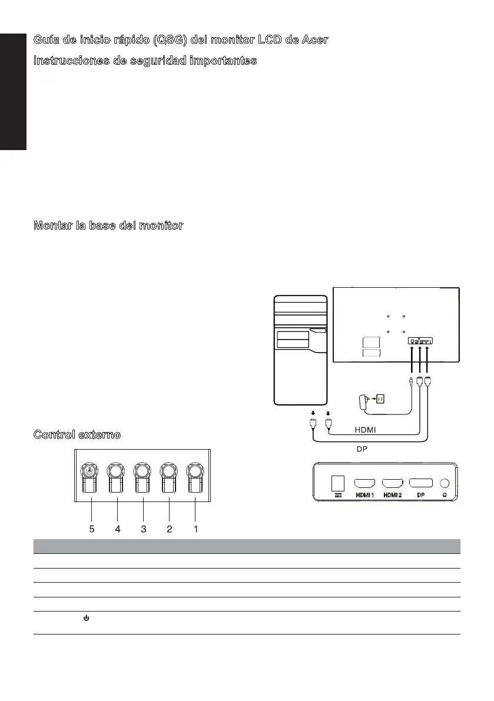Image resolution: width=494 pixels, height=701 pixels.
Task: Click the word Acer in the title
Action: [312, 39]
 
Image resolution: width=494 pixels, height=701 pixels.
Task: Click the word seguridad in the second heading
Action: [155, 61]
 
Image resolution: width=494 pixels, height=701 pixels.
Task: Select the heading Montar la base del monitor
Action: [108, 225]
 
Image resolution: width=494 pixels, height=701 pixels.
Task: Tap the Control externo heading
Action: [77, 434]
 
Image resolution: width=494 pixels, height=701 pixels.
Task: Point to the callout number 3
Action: [144, 529]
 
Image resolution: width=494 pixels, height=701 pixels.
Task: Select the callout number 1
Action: [195, 529]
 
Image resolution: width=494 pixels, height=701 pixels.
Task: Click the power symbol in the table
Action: [86, 619]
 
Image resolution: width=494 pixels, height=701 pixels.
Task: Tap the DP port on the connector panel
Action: [420, 483]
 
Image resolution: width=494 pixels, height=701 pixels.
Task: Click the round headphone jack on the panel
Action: [445, 483]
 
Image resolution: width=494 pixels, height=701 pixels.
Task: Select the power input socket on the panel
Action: [337, 483]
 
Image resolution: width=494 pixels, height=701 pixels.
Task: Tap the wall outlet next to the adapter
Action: [380, 398]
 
